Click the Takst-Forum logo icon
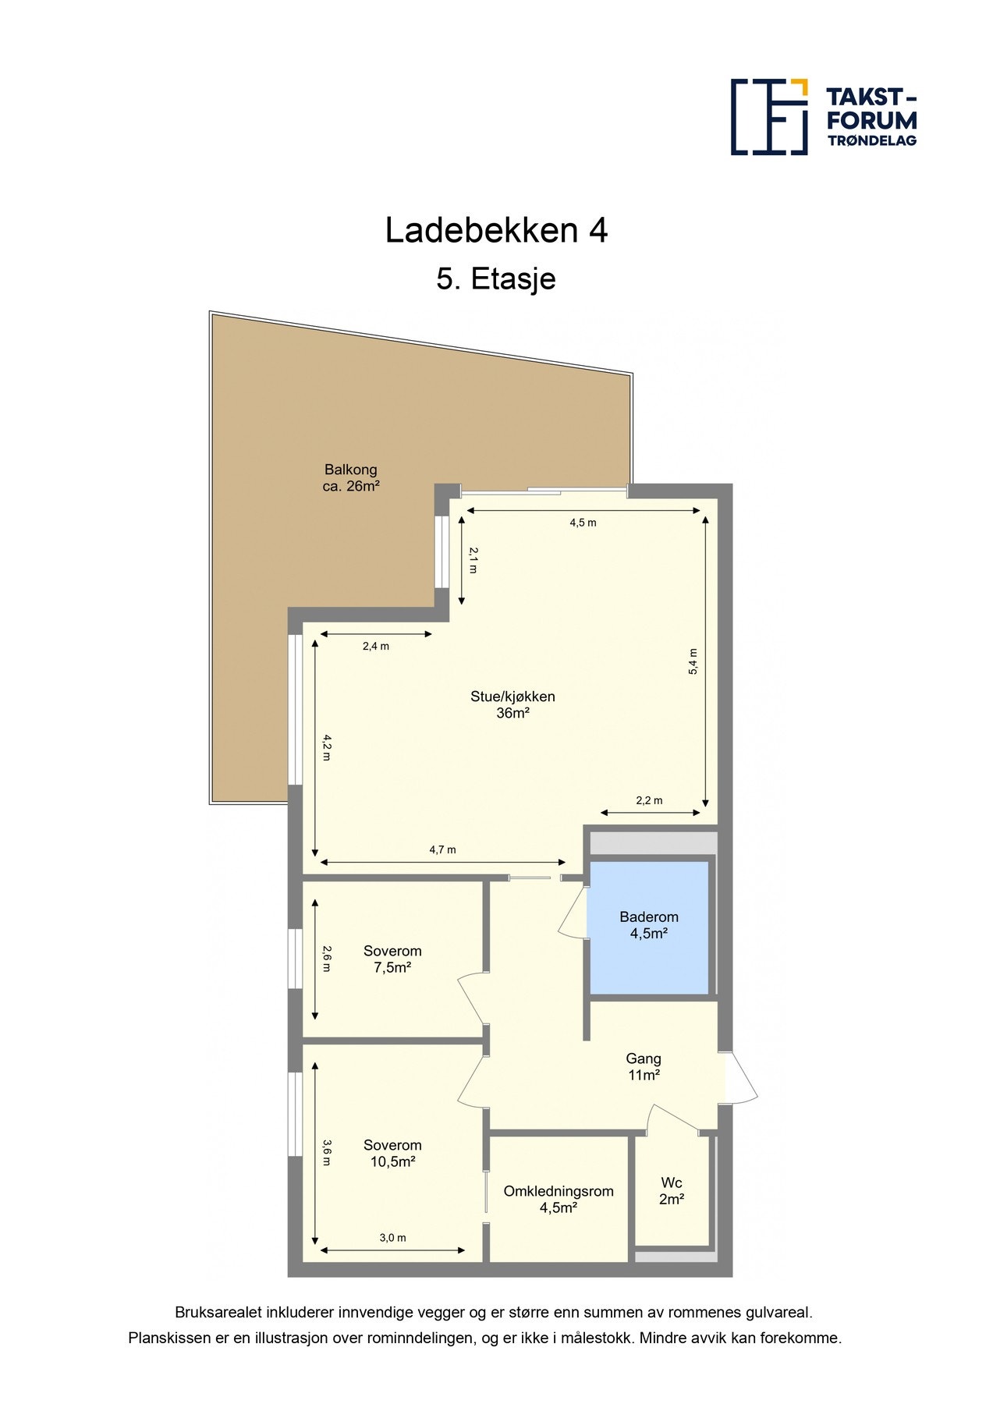[x=769, y=117]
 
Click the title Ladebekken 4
[x=496, y=231]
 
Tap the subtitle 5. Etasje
[x=496, y=279]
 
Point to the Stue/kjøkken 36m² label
[x=512, y=704]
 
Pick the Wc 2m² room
[x=672, y=1191]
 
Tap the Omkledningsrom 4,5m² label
[x=559, y=1200]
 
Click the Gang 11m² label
[x=644, y=1067]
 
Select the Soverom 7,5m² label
[x=392, y=959]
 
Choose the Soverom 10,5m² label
[x=392, y=1154]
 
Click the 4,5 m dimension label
[x=583, y=523]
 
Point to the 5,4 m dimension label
[x=693, y=661]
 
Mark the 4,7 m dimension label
[x=442, y=850]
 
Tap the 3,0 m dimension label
[x=392, y=1238]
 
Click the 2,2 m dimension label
[x=649, y=801]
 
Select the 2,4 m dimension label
[x=376, y=647]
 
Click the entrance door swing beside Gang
[x=741, y=1077]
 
